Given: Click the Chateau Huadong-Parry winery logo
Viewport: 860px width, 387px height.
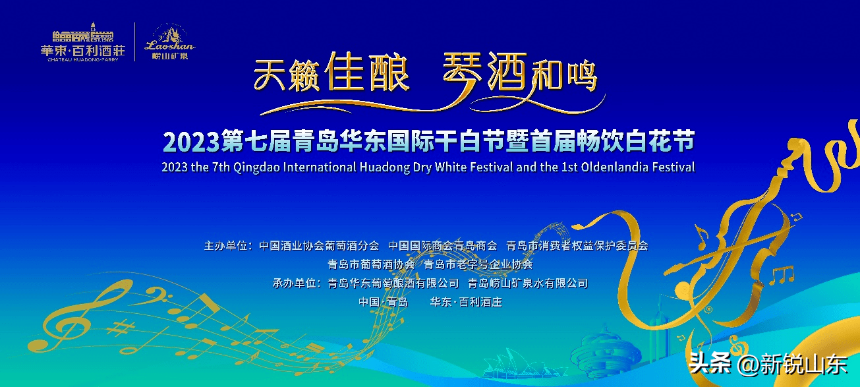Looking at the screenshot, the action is click(x=82, y=42).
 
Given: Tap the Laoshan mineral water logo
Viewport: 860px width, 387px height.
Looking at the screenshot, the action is click(x=170, y=42).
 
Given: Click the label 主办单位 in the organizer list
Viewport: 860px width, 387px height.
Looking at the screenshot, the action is click(x=226, y=246).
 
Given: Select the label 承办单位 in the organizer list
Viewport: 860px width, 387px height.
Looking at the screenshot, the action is click(x=295, y=283).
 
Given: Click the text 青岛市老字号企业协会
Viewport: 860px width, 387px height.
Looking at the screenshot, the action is click(x=478, y=264).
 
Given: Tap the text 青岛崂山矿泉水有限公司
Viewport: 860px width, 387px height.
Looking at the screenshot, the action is click(x=528, y=283).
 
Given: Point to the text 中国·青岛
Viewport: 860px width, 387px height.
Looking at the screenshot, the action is click(x=383, y=302).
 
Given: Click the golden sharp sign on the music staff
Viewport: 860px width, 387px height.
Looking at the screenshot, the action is click(x=120, y=328).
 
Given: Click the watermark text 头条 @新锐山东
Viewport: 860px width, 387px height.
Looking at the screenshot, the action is click(x=768, y=363).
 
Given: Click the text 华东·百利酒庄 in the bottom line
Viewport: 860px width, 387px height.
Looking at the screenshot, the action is click(x=466, y=302).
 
